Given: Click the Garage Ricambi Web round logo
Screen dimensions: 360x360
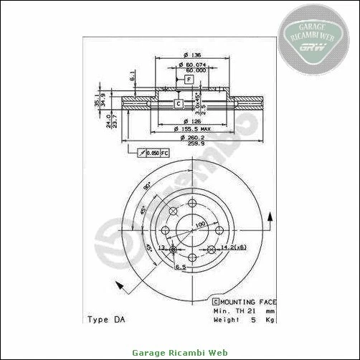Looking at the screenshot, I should click(x=314, y=39).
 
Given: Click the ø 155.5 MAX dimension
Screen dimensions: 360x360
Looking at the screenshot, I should click(x=191, y=128).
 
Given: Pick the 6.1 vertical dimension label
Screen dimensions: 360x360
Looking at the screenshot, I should click(x=133, y=75).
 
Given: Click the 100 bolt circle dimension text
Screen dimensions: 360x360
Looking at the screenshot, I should click(x=200, y=224).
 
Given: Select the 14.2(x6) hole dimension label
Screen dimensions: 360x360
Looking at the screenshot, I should click(x=235, y=247).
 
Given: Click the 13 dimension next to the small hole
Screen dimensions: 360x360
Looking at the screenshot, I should click(x=161, y=247).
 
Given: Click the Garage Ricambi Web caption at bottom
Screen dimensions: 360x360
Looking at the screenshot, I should click(x=179, y=352).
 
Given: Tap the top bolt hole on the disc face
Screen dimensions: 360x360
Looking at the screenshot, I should click(x=192, y=205).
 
